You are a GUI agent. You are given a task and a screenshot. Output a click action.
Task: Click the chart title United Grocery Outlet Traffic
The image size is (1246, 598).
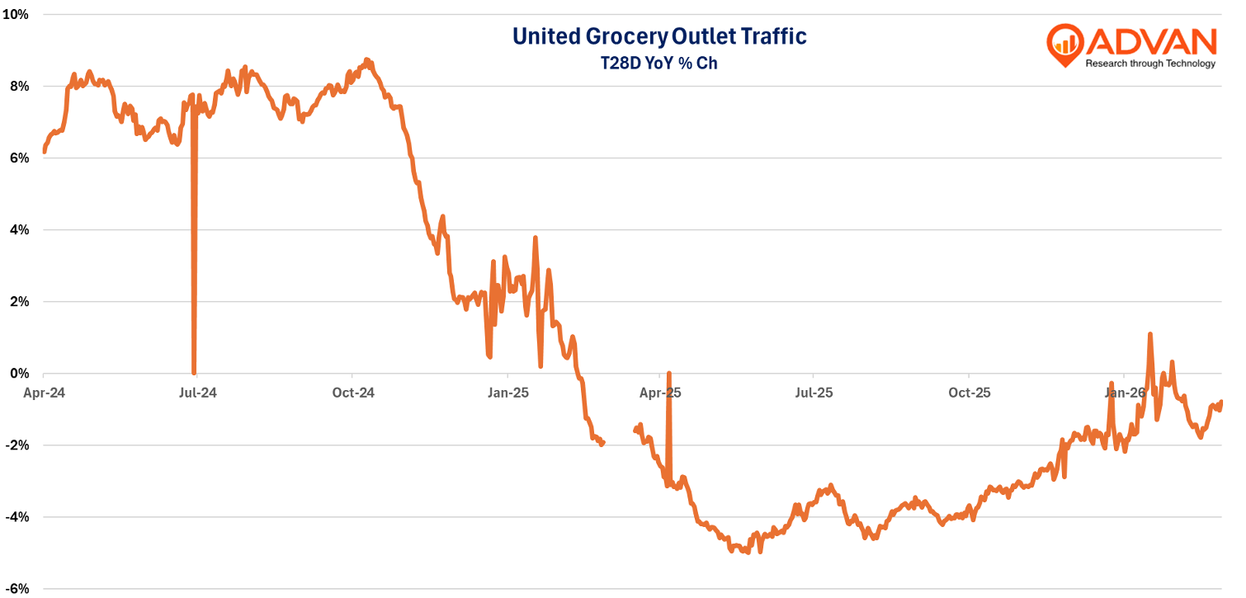658,35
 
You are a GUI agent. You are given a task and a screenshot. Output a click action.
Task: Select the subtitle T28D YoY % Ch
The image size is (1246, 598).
658,63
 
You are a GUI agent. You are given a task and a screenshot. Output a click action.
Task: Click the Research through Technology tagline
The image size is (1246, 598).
1149,64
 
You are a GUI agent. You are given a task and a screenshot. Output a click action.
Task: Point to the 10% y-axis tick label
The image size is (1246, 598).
17,15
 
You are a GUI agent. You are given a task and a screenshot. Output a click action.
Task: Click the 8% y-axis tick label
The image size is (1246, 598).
19,87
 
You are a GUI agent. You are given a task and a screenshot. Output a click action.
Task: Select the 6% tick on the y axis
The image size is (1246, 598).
19,158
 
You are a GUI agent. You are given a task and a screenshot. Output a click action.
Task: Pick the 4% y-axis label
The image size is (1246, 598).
19,229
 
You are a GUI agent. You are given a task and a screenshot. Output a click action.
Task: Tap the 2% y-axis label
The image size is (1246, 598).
19,301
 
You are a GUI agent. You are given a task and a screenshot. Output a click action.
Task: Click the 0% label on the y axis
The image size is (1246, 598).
19,373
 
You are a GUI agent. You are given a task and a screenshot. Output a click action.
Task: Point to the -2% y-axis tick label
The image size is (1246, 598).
17,445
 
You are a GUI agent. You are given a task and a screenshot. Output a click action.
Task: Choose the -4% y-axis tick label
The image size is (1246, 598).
17,517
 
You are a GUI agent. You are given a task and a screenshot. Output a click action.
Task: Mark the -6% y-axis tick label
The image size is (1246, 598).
17,589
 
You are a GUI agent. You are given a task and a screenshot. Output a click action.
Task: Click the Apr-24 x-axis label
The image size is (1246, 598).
44,393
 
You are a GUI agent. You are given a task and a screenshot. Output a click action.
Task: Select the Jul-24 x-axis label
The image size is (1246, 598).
198,393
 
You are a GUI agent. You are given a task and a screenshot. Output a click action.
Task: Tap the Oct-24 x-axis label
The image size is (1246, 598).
353,393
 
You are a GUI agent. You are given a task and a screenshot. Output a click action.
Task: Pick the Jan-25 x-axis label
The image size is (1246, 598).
507,393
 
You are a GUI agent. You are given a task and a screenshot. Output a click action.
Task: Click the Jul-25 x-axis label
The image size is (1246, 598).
814,393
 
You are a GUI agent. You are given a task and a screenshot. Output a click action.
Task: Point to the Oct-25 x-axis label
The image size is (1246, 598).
970,393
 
